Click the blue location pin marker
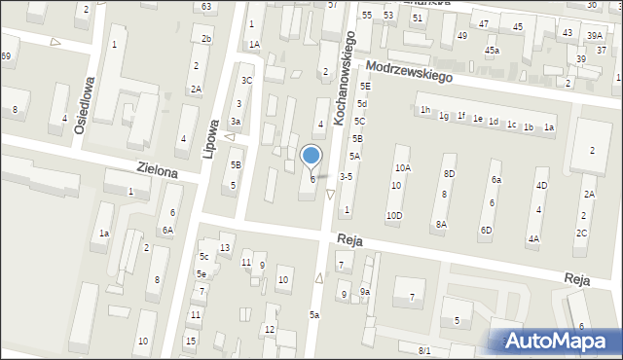311,156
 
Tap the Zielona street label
157,171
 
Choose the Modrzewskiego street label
411,74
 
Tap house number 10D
394,215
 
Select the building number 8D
449,173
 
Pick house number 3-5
346,177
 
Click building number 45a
493,51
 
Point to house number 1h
424,110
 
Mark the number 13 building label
224,248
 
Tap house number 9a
364,292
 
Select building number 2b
205,38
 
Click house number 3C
247,80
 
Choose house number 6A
167,230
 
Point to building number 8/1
424,350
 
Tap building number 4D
541,185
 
